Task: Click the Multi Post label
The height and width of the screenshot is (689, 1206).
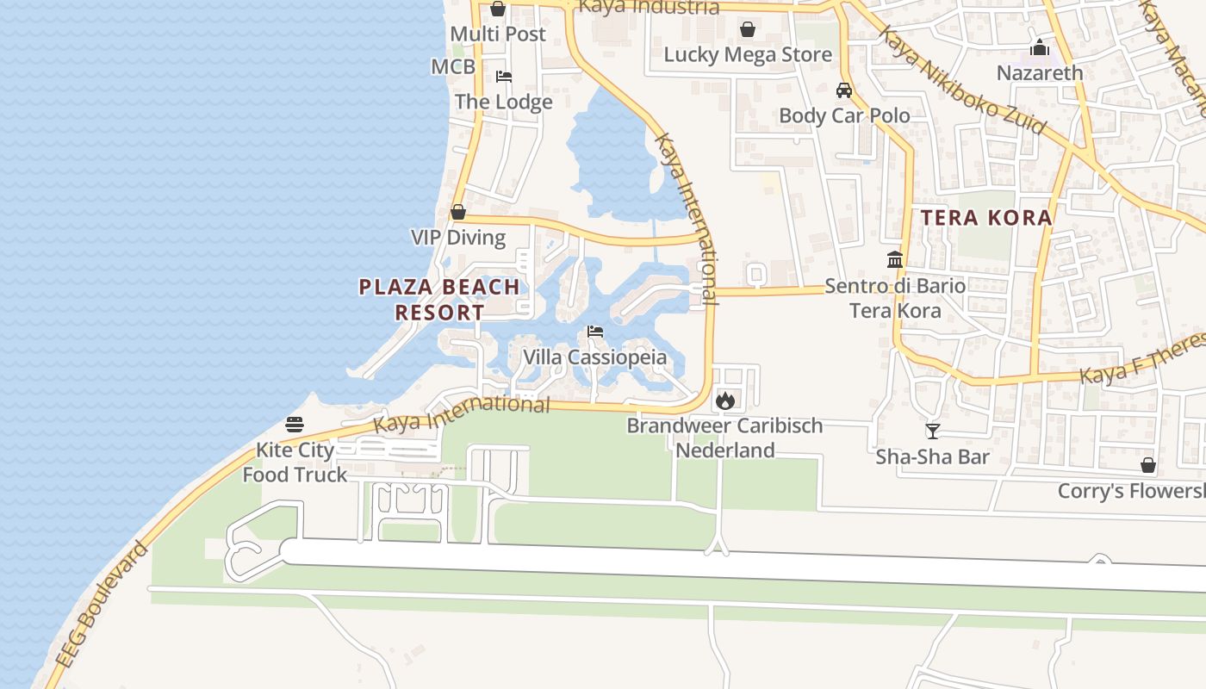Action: pyautogui.click(x=498, y=34)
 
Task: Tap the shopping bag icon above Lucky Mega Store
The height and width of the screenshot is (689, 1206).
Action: pyautogui.click(x=747, y=29)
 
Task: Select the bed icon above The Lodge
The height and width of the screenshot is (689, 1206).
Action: pyautogui.click(x=504, y=77)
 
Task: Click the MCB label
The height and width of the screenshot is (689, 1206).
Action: pyautogui.click(x=453, y=67)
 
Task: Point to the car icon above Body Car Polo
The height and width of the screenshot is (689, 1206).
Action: pyautogui.click(x=844, y=90)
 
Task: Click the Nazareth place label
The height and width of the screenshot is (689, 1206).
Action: pyautogui.click(x=1040, y=73)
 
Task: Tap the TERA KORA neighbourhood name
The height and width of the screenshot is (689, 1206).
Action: pyautogui.click(x=986, y=218)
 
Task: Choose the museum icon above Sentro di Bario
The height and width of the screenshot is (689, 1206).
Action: pyautogui.click(x=895, y=259)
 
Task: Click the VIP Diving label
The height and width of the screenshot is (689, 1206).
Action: pyautogui.click(x=458, y=238)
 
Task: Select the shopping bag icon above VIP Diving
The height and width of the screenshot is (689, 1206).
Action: pyautogui.click(x=458, y=212)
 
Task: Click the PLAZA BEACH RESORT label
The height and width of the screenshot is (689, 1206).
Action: pyautogui.click(x=439, y=300)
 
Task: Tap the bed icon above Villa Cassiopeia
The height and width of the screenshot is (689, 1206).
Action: pyautogui.click(x=594, y=332)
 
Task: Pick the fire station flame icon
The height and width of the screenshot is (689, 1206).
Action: pyautogui.click(x=724, y=400)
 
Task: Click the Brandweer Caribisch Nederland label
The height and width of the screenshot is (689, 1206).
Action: pyautogui.click(x=724, y=438)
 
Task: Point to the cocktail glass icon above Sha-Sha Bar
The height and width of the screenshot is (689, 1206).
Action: pyautogui.click(x=932, y=431)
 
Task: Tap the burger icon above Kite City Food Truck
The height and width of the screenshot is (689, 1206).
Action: pyautogui.click(x=295, y=425)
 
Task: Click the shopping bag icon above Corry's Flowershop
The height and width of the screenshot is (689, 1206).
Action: pyautogui.click(x=1147, y=465)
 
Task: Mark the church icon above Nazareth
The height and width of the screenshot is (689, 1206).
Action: pyautogui.click(x=1040, y=47)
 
